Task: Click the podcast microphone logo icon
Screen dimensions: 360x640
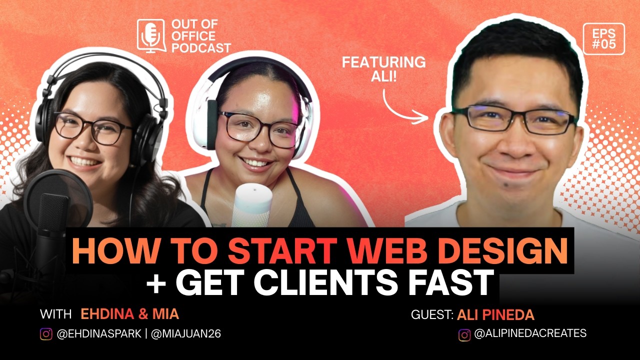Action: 151,35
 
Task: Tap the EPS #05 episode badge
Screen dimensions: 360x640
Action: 603,38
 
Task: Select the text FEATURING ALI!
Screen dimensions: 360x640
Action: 383,69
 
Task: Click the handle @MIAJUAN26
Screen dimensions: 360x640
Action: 185,334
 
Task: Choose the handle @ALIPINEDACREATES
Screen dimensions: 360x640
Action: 530,333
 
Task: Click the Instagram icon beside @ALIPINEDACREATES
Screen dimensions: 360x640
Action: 464,335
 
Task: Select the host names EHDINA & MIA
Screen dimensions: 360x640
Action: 129,314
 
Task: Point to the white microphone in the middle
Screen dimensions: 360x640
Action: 253,205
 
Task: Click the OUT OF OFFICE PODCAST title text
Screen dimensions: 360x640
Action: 200,36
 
